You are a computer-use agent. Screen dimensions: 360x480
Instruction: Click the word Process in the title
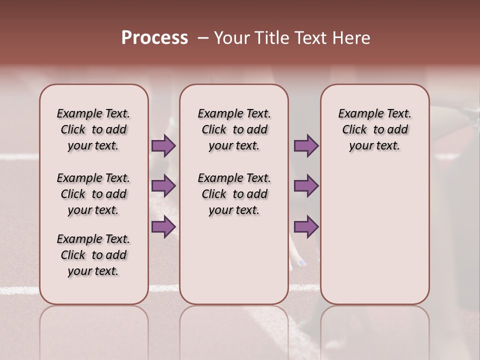pyautogui.click(x=154, y=38)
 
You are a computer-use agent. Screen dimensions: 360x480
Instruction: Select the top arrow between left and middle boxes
pyautogui.click(x=163, y=146)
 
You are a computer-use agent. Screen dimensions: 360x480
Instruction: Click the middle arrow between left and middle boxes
pyautogui.click(x=163, y=186)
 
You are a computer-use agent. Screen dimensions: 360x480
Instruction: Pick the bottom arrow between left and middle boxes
pyautogui.click(x=163, y=227)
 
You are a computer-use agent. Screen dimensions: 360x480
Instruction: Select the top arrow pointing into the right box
pyautogui.click(x=306, y=146)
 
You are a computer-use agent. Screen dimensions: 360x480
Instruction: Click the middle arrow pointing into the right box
pyautogui.click(x=306, y=186)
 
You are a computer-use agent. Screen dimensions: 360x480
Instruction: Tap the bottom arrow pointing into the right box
pyautogui.click(x=306, y=227)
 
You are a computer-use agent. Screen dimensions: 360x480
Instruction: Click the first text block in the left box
pyautogui.click(x=93, y=129)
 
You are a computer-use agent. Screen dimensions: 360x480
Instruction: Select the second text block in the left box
pyautogui.click(x=93, y=194)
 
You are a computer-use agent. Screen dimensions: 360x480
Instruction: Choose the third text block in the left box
pyautogui.click(x=93, y=255)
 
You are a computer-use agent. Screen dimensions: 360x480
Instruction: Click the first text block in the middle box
pyautogui.click(x=234, y=129)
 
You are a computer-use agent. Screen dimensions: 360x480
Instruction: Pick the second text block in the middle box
pyautogui.click(x=234, y=194)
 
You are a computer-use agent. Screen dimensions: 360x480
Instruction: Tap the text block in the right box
pyautogui.click(x=375, y=129)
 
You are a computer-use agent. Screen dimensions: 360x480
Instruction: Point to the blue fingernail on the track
pyautogui.click(x=302, y=262)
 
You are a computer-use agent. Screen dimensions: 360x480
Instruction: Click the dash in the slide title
pyautogui.click(x=203, y=38)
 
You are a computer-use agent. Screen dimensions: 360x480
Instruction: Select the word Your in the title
pyautogui.click(x=230, y=38)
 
